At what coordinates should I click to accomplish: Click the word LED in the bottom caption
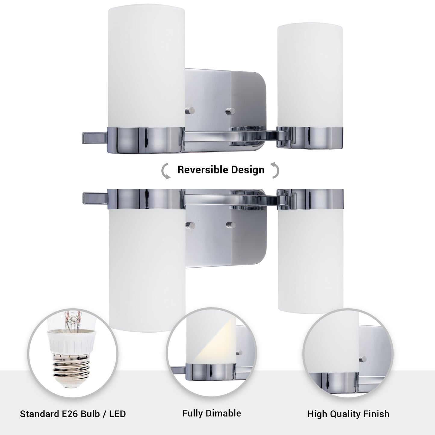pyautogui.click(x=117, y=414)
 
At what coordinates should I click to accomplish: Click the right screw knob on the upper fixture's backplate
pyautogui.click(x=231, y=111)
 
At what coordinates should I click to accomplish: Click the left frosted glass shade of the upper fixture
pyautogui.click(x=146, y=65)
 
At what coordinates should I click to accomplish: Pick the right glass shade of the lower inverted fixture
pyautogui.click(x=310, y=261)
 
